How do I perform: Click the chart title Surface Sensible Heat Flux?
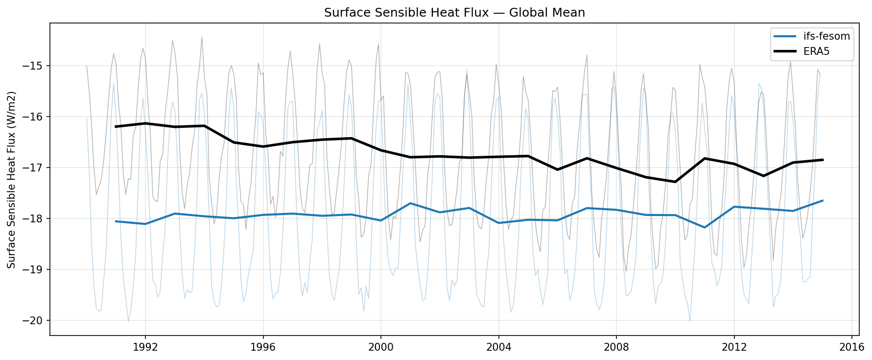[454, 13]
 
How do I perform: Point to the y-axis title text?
[12, 180]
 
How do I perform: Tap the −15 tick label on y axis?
[35, 66]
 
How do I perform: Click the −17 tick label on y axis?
[35, 168]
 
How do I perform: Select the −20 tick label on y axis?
[35, 320]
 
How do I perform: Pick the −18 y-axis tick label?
[35, 218]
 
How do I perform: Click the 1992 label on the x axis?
[145, 347]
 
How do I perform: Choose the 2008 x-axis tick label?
[616, 347]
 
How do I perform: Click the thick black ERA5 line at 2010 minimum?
[675, 182]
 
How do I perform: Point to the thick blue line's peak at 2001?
[410, 203]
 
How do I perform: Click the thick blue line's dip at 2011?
[705, 227]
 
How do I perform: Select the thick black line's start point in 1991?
[116, 126]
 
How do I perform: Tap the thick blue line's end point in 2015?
[823, 200]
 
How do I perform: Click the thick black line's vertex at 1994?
[204, 126]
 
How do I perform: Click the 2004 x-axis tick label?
[498, 347]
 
